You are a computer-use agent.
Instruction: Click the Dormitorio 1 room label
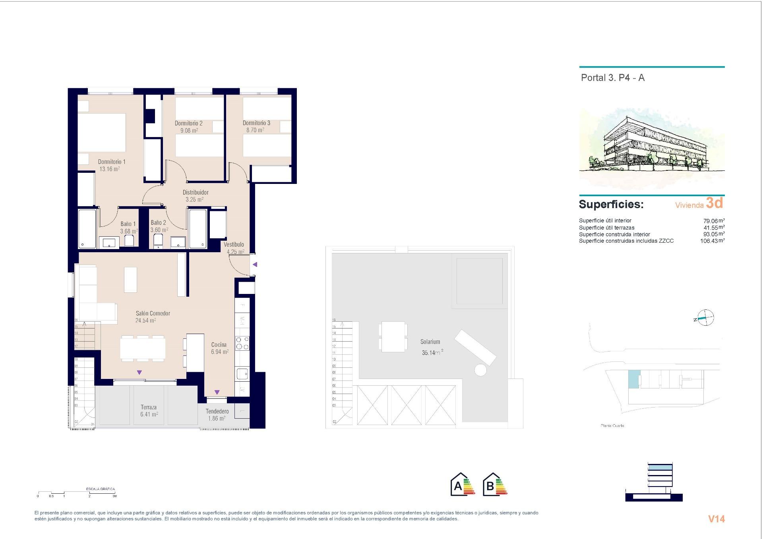[112, 162]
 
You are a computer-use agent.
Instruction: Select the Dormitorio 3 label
[256, 123]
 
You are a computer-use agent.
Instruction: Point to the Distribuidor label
[196, 192]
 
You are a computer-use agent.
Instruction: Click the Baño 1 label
[128, 224]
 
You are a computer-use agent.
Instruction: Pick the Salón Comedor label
[153, 313]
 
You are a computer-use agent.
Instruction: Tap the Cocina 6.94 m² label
[219, 348]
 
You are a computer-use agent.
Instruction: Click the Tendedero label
[217, 411]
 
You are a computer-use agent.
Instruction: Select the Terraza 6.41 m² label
[149, 411]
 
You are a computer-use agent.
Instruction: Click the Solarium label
[430, 342]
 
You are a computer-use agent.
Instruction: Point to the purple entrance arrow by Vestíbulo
[255, 265]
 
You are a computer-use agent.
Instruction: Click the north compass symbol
[705, 318]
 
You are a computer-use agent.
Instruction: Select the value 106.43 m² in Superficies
[712, 241]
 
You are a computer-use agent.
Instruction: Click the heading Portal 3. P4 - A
[612, 78]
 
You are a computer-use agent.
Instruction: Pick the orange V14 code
[716, 519]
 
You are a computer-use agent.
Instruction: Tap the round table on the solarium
[480, 370]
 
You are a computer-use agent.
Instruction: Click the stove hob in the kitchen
[242, 343]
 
